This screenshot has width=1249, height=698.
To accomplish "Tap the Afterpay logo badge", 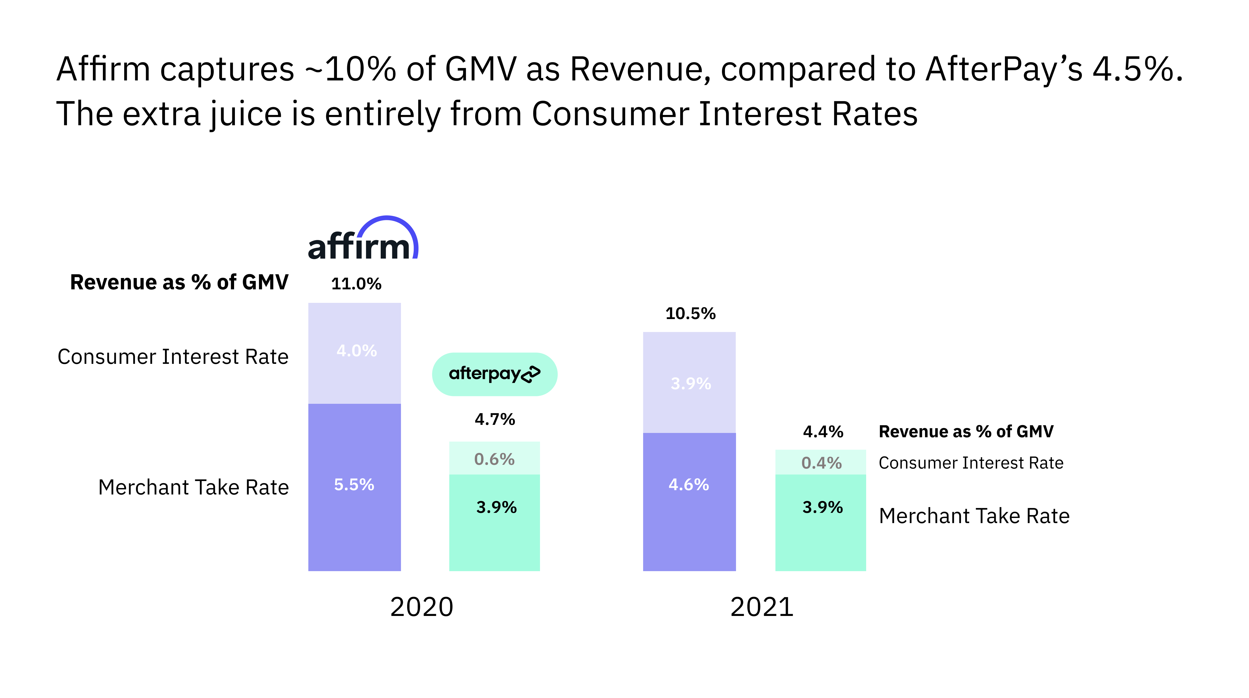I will [495, 374].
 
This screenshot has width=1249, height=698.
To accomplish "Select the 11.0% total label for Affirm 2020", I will [356, 284].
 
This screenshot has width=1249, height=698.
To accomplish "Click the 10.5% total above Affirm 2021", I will [690, 314].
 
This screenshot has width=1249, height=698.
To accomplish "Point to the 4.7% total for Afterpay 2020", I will [495, 419].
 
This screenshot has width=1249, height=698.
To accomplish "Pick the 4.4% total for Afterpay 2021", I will [823, 431].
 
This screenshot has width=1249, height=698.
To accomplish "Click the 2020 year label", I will [421, 607].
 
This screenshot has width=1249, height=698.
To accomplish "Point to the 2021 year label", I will [762, 607].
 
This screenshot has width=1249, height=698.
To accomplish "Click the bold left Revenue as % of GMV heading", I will [179, 282].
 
